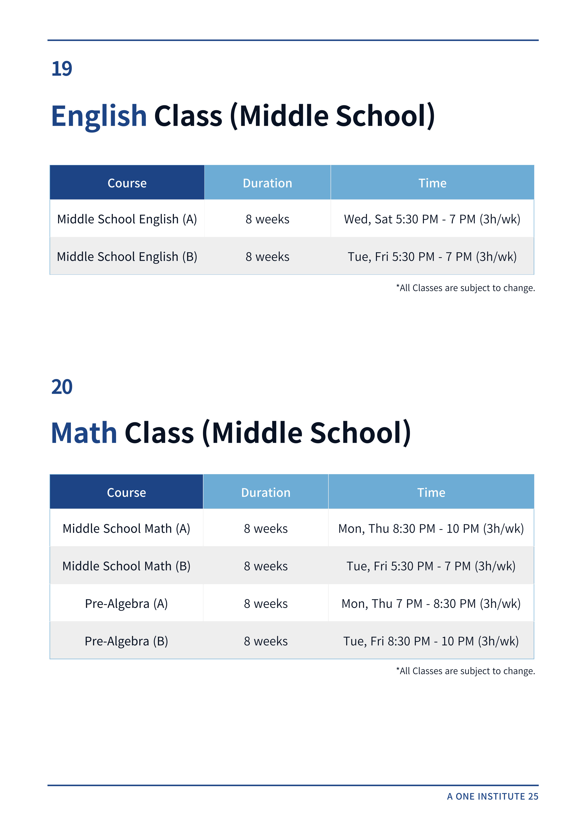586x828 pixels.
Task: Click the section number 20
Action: pyautogui.click(x=62, y=387)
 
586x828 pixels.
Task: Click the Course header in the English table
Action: pyautogui.click(x=127, y=183)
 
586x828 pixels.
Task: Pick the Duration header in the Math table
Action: pyautogui.click(x=266, y=493)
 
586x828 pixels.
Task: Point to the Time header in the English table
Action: pyautogui.click(x=432, y=183)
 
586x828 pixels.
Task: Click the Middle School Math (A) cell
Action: pyautogui.click(x=126, y=529)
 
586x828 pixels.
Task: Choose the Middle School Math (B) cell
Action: pyautogui.click(x=126, y=566)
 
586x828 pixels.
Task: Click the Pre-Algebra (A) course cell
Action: pyautogui.click(x=126, y=604)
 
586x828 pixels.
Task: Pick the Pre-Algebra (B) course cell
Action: pyautogui.click(x=126, y=641)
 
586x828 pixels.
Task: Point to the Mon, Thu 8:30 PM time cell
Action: pyautogui.click(x=431, y=529)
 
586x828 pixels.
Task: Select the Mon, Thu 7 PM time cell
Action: pyautogui.click(x=431, y=604)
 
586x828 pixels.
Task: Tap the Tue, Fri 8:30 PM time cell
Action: pyautogui.click(x=431, y=641)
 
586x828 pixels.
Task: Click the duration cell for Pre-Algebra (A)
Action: pyautogui.click(x=266, y=604)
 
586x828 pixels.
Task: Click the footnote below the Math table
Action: pyautogui.click(x=465, y=671)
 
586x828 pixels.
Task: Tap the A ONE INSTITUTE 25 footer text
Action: pyautogui.click(x=492, y=796)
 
